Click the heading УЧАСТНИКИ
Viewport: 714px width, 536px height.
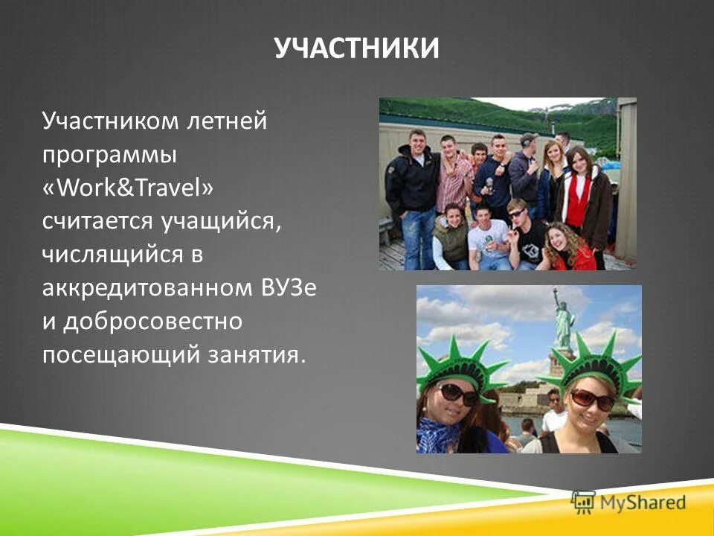[357, 48]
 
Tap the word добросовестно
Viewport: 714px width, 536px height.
[152, 321]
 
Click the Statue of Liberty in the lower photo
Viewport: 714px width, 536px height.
[562, 320]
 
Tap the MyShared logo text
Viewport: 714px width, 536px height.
[643, 502]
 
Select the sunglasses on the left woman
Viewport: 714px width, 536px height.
[458, 393]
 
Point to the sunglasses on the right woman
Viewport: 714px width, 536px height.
[592, 400]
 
